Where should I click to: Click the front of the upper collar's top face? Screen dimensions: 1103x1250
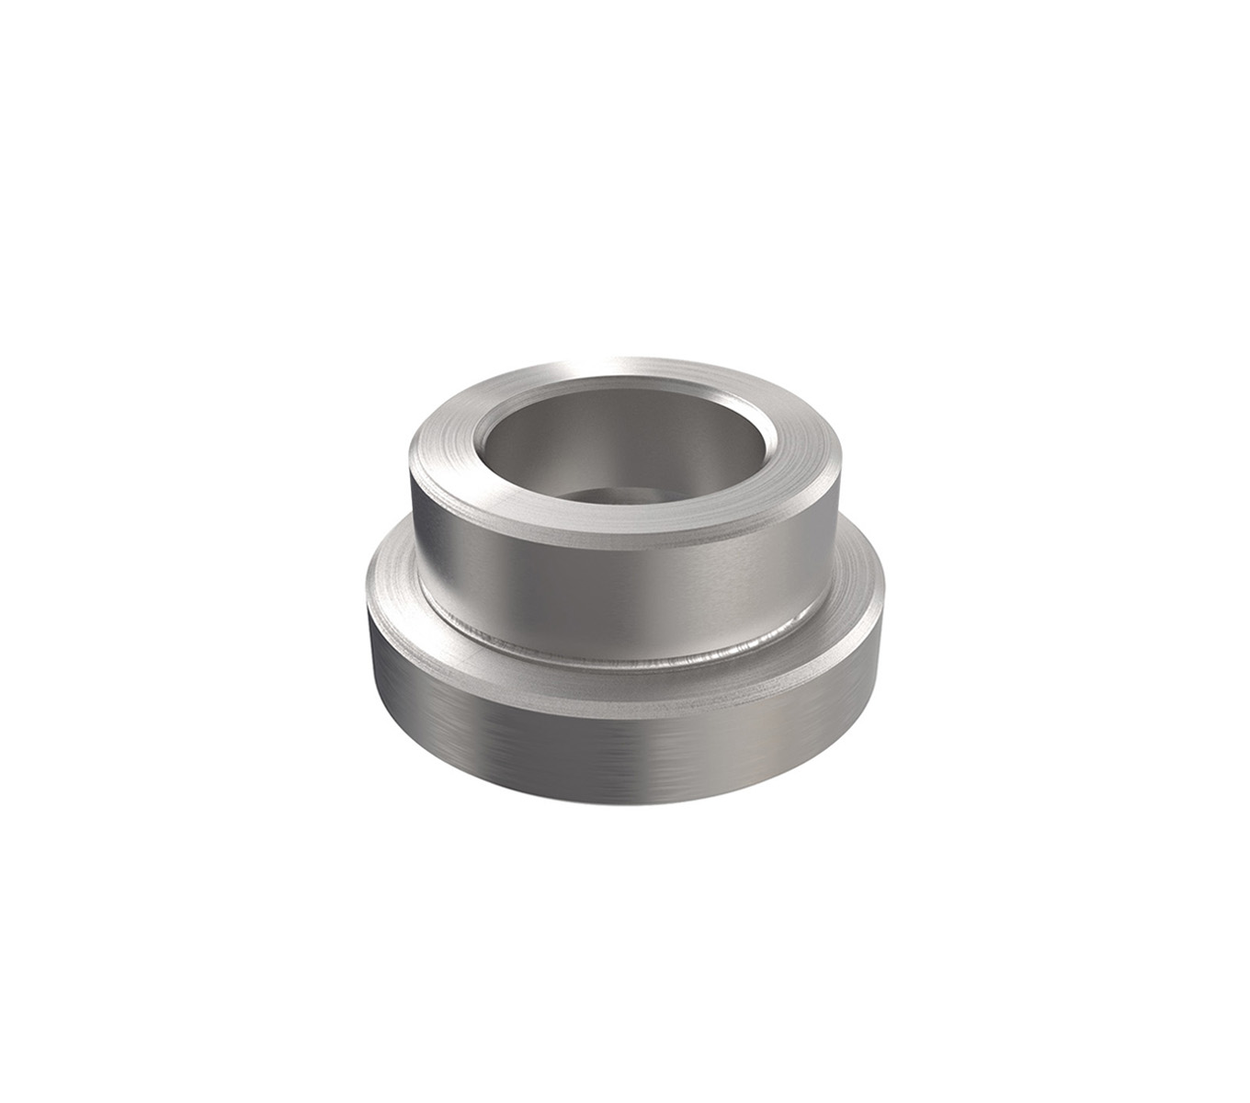(x=625, y=520)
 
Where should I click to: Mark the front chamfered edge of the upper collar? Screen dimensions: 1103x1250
(x=625, y=540)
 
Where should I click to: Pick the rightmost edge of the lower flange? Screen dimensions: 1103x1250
(x=883, y=597)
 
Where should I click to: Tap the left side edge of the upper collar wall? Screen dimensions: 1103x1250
(x=413, y=515)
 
